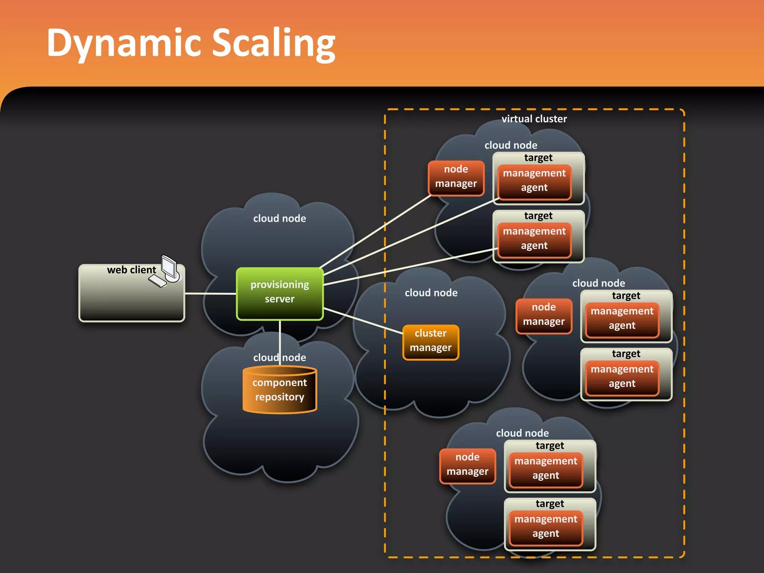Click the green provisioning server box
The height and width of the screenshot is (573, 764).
click(279, 293)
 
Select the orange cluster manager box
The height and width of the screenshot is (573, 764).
click(430, 342)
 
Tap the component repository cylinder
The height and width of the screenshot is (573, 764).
click(279, 390)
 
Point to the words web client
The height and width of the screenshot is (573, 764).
click(131, 270)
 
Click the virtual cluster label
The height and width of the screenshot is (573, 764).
click(534, 119)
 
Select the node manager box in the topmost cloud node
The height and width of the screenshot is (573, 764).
click(456, 178)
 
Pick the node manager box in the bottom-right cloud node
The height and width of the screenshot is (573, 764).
click(467, 466)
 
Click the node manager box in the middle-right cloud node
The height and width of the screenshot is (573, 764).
click(544, 316)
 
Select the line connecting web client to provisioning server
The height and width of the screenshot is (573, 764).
click(210, 294)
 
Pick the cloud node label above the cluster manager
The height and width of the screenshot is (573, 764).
click(431, 293)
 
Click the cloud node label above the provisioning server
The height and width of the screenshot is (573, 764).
click(279, 219)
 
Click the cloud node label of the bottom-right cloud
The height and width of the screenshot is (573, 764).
click(522, 433)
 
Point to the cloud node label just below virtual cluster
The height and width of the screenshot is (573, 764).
click(511, 145)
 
